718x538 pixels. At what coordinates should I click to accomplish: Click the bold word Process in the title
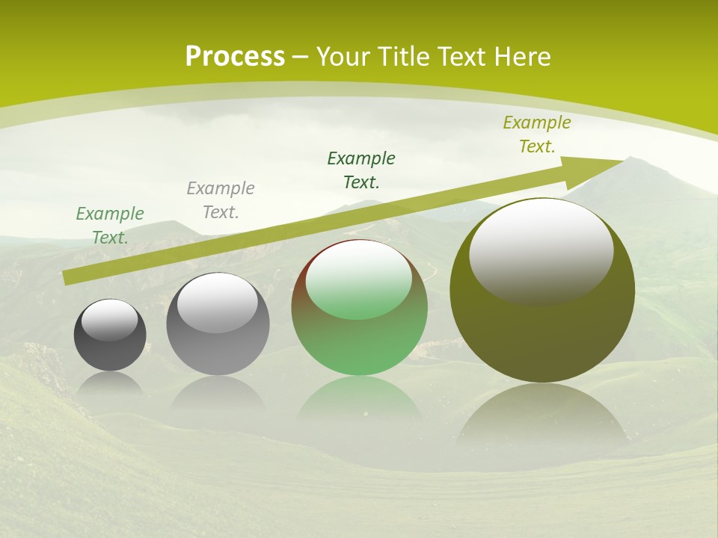click(x=235, y=57)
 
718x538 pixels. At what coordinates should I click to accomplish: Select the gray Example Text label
click(x=221, y=200)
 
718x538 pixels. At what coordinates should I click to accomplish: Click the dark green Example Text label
click(x=361, y=170)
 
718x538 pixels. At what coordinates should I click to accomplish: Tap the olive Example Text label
click(x=537, y=134)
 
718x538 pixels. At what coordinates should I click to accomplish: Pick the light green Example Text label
click(x=110, y=226)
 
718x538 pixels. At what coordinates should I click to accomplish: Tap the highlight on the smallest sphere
click(x=110, y=320)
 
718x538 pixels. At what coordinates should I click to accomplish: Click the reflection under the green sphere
click(x=359, y=400)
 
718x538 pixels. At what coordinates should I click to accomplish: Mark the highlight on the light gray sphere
click(x=218, y=303)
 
